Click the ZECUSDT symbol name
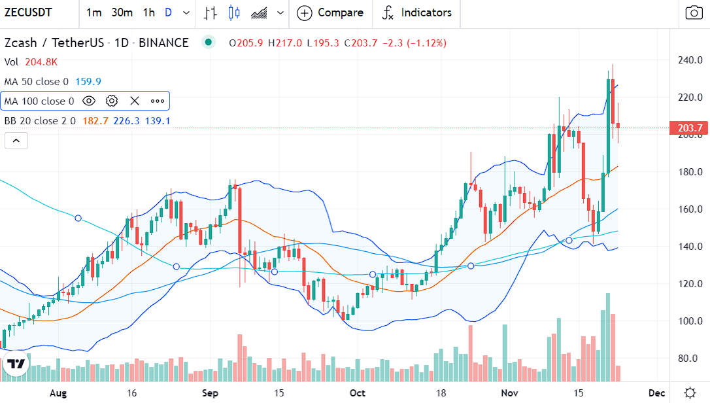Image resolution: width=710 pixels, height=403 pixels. tap(29, 12)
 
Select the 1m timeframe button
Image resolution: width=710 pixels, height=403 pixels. tap(93, 12)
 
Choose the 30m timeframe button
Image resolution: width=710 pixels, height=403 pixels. tap(122, 12)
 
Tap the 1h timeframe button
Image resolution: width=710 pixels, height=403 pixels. tap(149, 12)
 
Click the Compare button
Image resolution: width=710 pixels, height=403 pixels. tap(330, 12)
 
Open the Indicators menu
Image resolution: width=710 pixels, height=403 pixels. tap(416, 12)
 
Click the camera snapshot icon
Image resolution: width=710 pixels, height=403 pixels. tap(693, 12)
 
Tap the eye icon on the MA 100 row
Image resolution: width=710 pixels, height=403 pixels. tap(89, 101)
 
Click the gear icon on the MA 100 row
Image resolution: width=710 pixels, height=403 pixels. tap(112, 101)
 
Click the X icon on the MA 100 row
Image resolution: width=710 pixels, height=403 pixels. tap(135, 101)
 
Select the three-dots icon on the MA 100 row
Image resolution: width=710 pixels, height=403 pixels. tap(158, 101)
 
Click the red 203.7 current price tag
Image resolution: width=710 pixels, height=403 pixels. tap(689, 128)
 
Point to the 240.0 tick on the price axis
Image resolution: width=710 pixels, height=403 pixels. tap(689, 60)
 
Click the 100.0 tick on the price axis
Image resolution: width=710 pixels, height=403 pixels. tap(689, 321)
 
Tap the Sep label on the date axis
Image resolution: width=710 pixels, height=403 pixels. tap(210, 393)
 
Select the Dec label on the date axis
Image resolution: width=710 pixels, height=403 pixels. tap(656, 393)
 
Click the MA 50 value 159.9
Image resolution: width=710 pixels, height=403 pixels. tap(88, 82)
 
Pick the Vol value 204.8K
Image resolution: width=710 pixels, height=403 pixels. tap(41, 62)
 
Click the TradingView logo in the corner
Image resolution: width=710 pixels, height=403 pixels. tap(17, 364)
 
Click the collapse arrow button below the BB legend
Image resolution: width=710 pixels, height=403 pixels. tap(16, 140)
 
